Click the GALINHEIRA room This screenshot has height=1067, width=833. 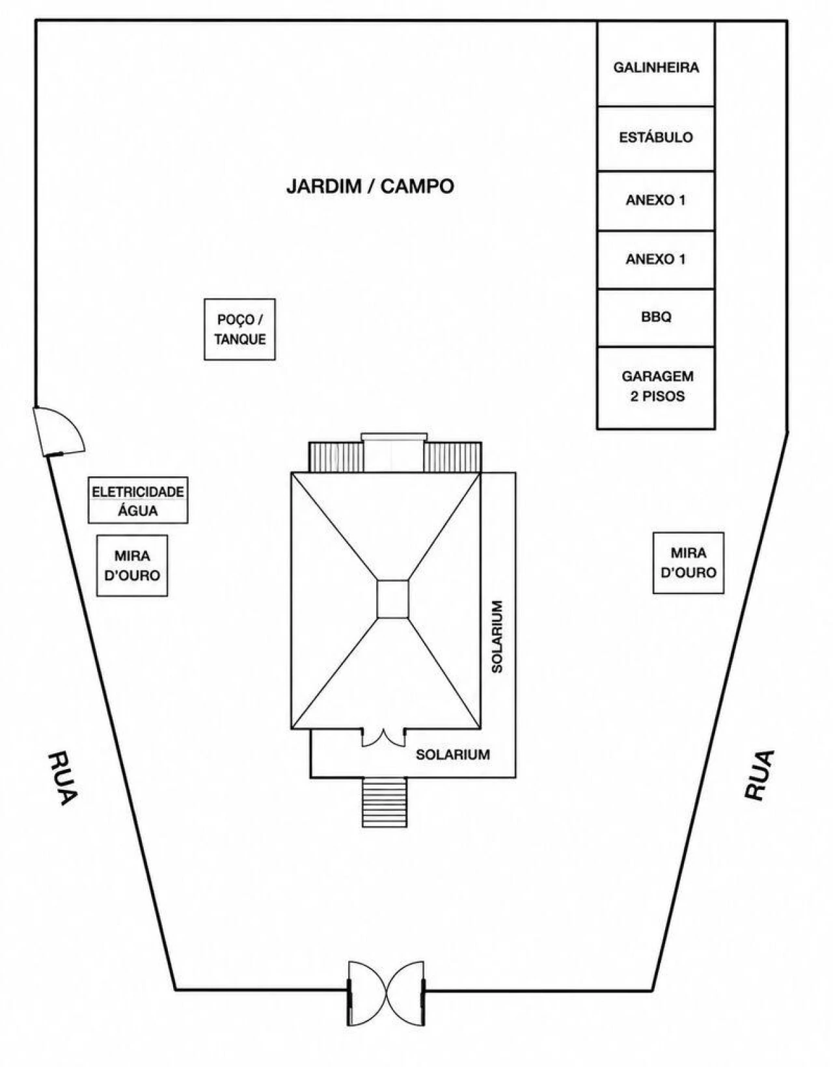656,64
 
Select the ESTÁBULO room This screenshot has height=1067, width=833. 656,139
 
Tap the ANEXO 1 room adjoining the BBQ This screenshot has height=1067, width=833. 656,259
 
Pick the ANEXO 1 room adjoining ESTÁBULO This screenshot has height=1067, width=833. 656,200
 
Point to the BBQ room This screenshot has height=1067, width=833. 656,317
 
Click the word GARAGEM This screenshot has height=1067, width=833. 657,377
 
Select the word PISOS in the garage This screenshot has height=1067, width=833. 663,396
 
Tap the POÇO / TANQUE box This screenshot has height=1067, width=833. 239,329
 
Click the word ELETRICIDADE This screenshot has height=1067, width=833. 138,491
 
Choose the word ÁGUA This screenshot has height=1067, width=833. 138,511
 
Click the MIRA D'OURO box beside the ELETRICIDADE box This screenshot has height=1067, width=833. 132,565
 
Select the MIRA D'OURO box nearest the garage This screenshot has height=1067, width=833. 688,563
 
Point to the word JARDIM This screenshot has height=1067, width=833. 323,187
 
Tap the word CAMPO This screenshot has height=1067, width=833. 417,187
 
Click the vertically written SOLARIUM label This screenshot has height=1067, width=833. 497,636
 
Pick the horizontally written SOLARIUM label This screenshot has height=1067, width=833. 453,755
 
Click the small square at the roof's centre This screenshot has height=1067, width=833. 393,599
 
